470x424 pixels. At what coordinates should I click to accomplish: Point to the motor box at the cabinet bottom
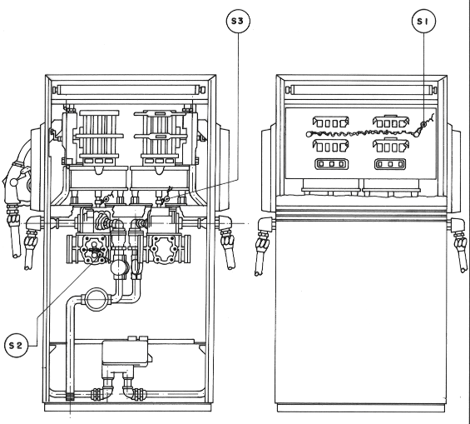(x=126, y=352)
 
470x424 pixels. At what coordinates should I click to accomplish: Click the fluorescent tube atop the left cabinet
(x=129, y=90)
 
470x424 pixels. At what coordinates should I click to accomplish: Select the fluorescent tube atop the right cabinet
(x=360, y=90)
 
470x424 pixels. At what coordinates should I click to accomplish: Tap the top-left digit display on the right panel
(x=330, y=122)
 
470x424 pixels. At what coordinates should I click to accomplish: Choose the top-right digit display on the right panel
(x=391, y=122)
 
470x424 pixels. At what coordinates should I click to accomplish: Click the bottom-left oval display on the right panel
(x=331, y=164)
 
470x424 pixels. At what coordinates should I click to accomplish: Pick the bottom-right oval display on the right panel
(x=390, y=164)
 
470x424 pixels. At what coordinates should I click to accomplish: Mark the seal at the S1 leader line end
(x=423, y=124)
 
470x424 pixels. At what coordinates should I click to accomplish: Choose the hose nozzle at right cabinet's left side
(x=262, y=245)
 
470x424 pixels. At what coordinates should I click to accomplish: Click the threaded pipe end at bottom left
(x=70, y=397)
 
